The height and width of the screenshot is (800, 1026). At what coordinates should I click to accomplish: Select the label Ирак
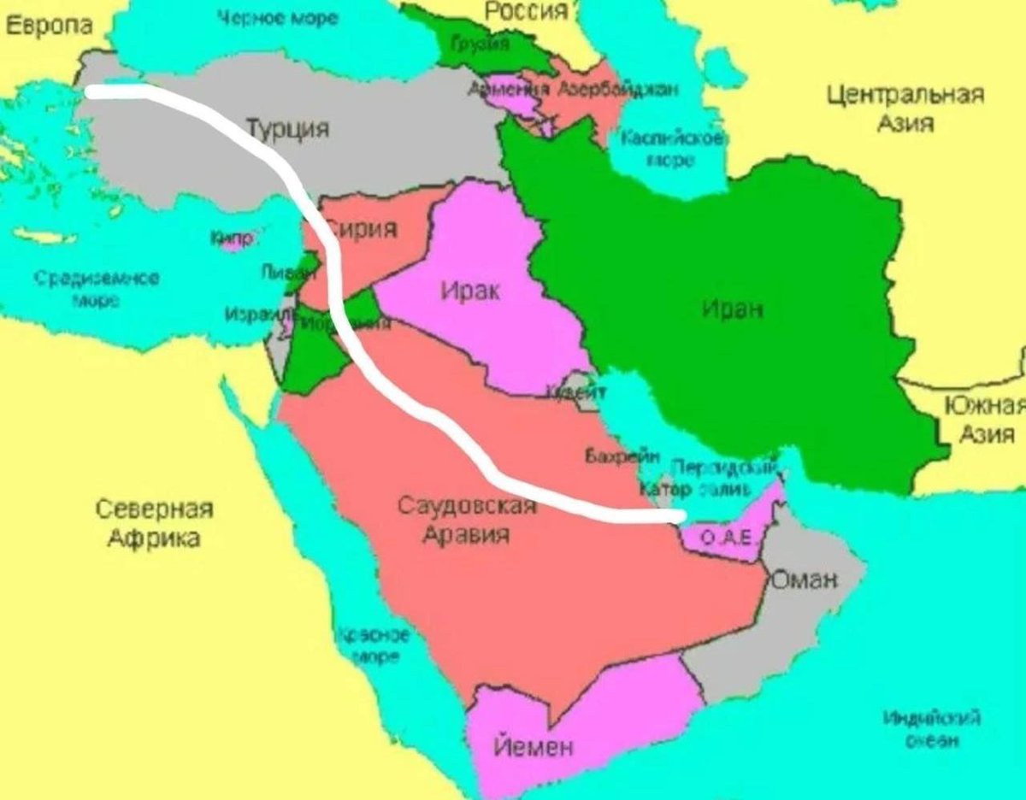click(x=471, y=291)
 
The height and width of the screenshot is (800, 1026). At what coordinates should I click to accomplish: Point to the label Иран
click(x=733, y=309)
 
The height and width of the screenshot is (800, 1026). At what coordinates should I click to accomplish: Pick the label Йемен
click(x=534, y=746)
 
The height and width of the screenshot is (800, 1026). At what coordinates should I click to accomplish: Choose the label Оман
click(x=805, y=580)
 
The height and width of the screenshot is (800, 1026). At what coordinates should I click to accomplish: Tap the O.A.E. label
click(x=725, y=538)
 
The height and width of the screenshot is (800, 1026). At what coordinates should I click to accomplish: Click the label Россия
click(x=527, y=11)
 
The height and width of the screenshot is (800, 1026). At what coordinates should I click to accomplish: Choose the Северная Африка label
click(x=153, y=523)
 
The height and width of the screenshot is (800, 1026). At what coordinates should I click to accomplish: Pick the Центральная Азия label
click(x=905, y=108)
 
